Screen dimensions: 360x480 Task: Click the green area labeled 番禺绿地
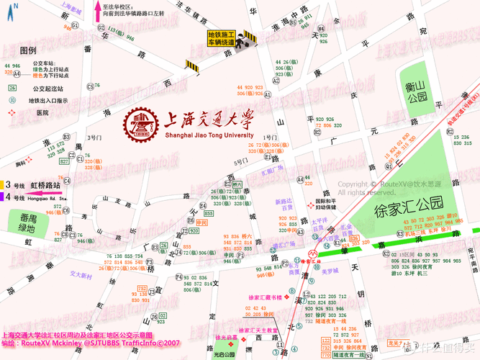pyautogui.click(x=29, y=222)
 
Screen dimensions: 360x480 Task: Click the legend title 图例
pyautogui.click(x=28, y=50)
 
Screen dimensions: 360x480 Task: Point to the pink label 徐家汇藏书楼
pyautogui.click(x=266, y=297)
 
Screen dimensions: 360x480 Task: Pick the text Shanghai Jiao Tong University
pyautogui.click(x=209, y=135)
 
